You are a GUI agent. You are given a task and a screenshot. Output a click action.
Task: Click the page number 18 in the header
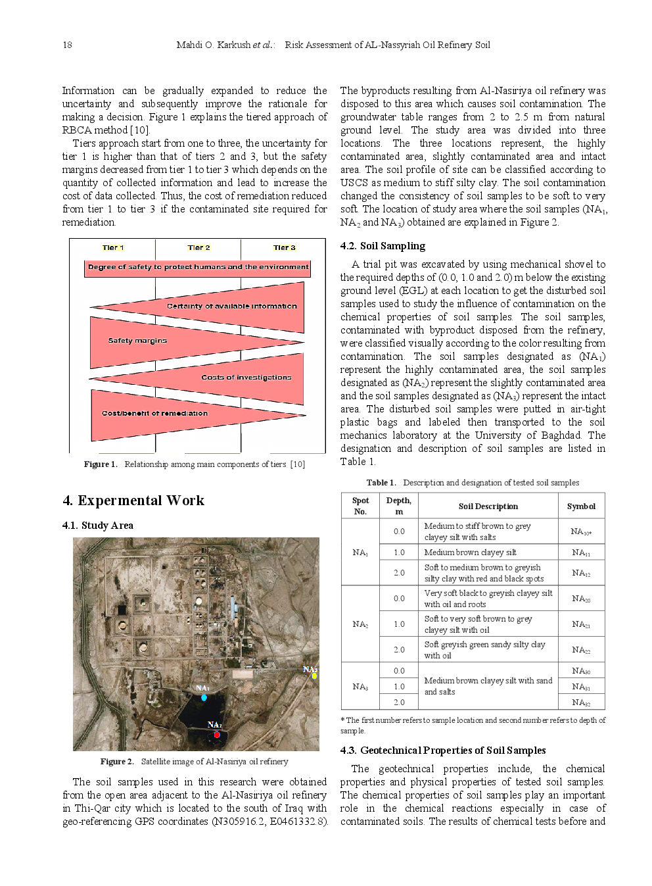point(67,45)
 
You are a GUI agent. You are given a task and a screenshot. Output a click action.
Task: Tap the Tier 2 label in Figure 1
point(198,247)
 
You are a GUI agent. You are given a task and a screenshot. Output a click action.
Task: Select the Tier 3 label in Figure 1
point(284,247)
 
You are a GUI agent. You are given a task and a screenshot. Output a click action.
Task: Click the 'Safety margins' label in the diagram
point(137,341)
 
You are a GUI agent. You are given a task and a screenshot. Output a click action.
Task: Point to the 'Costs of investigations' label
point(246,378)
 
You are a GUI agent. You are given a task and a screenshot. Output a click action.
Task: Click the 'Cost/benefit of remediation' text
point(154,413)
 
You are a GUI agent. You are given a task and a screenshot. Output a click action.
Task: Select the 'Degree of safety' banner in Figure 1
point(198,267)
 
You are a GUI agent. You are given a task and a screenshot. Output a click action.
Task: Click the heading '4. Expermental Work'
point(133,501)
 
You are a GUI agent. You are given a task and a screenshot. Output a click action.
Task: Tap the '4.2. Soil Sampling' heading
point(383,246)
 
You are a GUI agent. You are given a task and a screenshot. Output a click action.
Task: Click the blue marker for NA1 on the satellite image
point(204,697)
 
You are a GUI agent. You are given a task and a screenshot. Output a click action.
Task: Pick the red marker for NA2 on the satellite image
point(217,735)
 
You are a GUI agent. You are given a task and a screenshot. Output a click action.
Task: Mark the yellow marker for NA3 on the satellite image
point(314,676)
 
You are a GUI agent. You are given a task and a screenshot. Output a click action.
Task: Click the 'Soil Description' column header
point(488,506)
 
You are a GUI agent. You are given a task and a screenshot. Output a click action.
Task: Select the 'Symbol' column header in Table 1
point(581,506)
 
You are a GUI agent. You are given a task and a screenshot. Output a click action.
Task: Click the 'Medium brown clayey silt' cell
point(470,553)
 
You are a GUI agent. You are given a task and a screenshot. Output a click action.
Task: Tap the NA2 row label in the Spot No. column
point(360,624)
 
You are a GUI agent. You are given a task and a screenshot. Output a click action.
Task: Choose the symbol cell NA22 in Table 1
point(581,650)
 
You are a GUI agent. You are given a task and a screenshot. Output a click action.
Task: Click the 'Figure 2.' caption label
point(117,761)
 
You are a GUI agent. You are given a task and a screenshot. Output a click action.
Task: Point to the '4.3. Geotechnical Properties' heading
point(442,751)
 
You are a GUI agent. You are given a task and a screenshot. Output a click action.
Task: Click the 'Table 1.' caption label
point(381,482)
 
